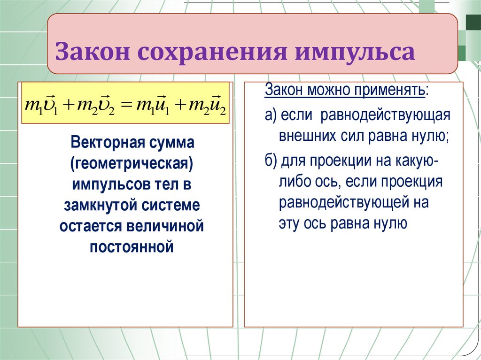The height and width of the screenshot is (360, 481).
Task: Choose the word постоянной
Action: click(x=132, y=246)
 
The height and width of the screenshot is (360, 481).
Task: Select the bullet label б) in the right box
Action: click(x=271, y=161)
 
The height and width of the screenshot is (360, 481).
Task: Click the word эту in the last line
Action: click(x=288, y=223)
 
